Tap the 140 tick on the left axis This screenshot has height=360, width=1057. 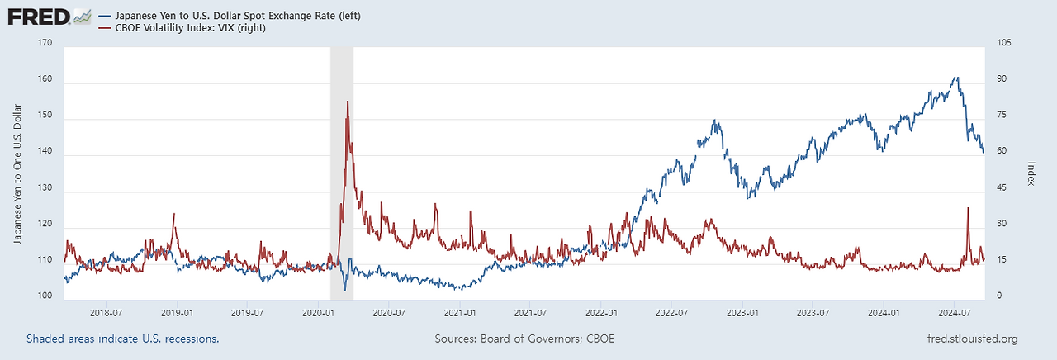click(44, 155)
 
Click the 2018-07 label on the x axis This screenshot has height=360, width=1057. click(107, 314)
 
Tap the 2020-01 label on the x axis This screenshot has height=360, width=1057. click(318, 314)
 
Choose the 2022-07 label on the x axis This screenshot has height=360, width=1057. click(671, 314)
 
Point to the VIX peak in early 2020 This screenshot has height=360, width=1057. click(347, 102)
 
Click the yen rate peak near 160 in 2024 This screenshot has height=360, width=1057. click(956, 78)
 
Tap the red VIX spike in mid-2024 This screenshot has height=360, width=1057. click(968, 208)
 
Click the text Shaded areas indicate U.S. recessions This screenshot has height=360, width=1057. click(123, 339)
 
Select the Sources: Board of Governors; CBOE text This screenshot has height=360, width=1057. click(524, 339)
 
